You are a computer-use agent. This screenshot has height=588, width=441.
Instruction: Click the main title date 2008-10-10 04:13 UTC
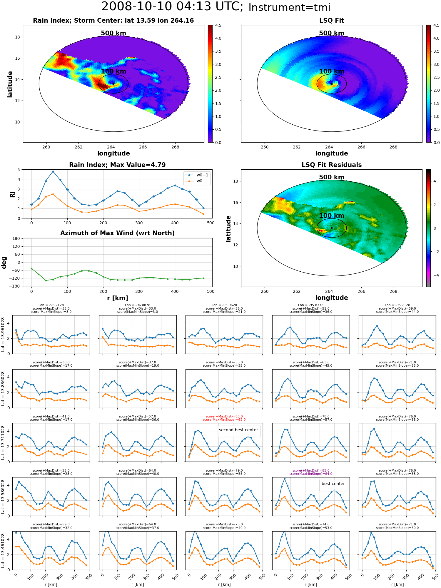point(172,7)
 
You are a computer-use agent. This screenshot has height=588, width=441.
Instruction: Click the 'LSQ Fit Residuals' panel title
point(332,165)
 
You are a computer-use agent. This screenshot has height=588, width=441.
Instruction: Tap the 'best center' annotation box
point(333,484)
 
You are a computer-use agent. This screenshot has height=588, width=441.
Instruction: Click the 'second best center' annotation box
point(238,430)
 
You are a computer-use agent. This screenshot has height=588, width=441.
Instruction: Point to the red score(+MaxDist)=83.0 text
point(224,416)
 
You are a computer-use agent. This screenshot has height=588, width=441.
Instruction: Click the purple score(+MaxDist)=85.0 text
point(311,470)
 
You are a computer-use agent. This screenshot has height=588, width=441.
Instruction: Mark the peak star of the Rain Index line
point(53,171)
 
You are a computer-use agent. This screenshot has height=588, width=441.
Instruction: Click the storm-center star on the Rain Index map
point(113,84)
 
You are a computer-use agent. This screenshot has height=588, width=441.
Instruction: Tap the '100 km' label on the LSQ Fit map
point(332,71)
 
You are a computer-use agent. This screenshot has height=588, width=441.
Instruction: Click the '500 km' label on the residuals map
point(332,177)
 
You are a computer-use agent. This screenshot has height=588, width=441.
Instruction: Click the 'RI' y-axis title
point(12,194)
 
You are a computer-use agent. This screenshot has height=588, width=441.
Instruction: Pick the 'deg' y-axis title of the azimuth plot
point(4,262)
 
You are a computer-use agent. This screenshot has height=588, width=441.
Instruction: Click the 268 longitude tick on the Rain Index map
point(175,147)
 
